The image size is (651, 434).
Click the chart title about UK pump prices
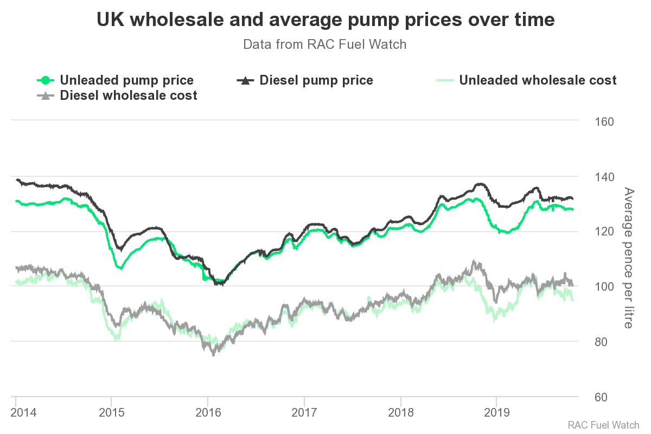pyautogui.click(x=325, y=20)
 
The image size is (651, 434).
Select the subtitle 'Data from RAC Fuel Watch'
pyautogui.click(x=324, y=44)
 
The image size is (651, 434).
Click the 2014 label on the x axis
pyautogui.click(x=24, y=413)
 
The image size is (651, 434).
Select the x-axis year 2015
pyautogui.click(x=111, y=413)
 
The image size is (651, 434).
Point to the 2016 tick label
pyautogui.click(x=208, y=413)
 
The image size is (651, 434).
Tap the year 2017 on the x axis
pyautogui.click(x=304, y=413)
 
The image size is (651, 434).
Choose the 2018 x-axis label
pyautogui.click(x=400, y=413)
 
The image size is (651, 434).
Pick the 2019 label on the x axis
pyautogui.click(x=496, y=413)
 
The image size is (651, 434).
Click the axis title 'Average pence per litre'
pyautogui.click(x=628, y=258)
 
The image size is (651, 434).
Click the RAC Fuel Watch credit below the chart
pyautogui.click(x=603, y=425)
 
